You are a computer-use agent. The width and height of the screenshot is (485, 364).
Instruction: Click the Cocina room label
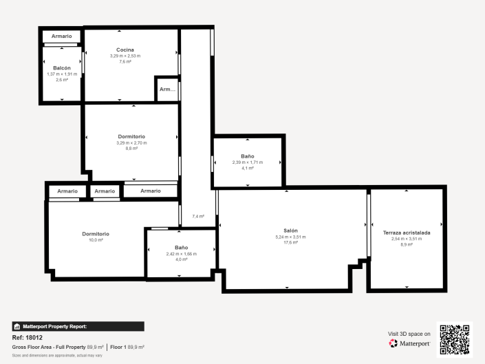(x=125, y=50)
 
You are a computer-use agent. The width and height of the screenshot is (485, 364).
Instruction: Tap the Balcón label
(x=62, y=67)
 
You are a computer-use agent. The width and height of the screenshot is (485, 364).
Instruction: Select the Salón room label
(x=290, y=231)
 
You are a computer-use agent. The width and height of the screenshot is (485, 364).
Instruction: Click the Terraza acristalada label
(x=406, y=233)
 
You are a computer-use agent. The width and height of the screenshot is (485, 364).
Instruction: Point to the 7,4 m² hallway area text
(x=197, y=216)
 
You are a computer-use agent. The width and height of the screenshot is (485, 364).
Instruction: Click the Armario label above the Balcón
(x=61, y=36)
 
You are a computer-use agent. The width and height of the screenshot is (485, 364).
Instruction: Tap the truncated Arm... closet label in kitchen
(x=167, y=89)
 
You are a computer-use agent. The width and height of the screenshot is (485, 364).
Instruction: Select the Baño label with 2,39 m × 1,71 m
(x=247, y=156)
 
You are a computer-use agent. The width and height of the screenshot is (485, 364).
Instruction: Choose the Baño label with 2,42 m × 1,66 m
(x=181, y=247)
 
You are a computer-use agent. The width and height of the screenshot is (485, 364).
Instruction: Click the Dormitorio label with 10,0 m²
(x=96, y=234)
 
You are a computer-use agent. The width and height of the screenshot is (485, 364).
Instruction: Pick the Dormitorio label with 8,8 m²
(x=131, y=136)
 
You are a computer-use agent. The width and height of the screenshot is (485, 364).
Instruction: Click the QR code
(x=454, y=339)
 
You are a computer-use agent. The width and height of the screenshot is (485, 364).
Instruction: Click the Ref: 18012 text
(x=28, y=338)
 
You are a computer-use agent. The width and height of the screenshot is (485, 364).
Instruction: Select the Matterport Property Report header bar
(x=78, y=326)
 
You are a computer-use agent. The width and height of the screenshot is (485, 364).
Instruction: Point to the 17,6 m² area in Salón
(x=290, y=242)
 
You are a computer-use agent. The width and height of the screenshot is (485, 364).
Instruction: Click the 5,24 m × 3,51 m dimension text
(x=290, y=237)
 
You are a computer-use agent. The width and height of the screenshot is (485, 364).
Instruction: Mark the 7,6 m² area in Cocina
(x=125, y=61)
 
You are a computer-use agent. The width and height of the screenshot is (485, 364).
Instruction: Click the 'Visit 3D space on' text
(x=409, y=333)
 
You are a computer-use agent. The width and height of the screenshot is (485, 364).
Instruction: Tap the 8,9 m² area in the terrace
(x=406, y=244)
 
